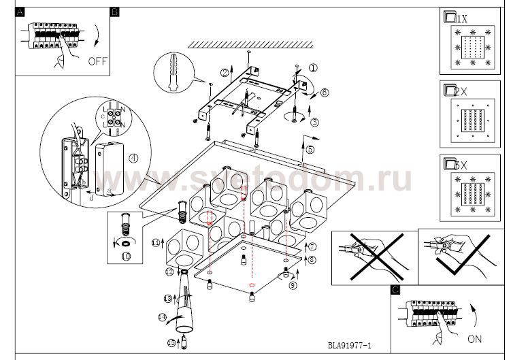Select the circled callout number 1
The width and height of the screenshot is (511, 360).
pos(313,68)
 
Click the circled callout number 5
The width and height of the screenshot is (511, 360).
pos(310,149)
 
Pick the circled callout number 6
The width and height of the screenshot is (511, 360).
pos(325,92)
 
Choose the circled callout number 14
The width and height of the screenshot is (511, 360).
pos(162,317)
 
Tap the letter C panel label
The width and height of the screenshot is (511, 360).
pos(395,291)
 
